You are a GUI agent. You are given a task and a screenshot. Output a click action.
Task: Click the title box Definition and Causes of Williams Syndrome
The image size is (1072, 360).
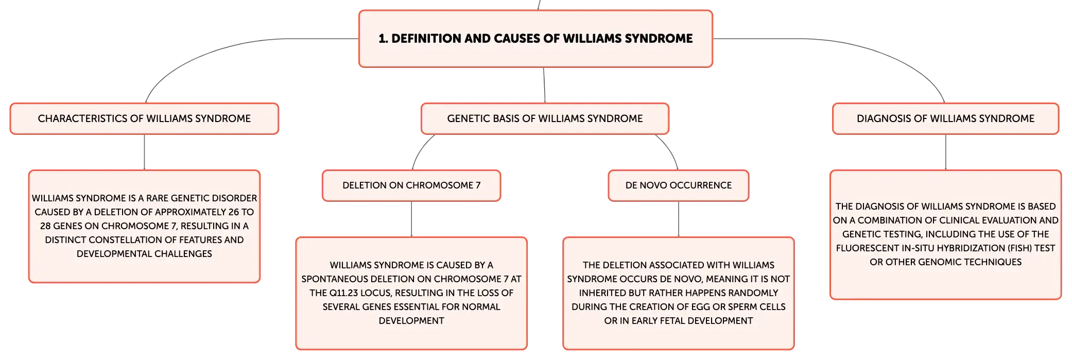(x=535, y=39)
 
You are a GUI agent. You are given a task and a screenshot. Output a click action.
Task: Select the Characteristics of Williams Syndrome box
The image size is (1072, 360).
(x=144, y=118)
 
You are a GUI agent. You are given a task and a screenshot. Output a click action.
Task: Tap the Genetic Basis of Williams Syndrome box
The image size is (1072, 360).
(x=545, y=118)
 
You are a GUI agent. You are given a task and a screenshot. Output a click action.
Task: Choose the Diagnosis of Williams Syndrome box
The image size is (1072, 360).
(x=945, y=118)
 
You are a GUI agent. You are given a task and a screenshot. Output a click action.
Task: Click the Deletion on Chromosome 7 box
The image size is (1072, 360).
(x=411, y=185)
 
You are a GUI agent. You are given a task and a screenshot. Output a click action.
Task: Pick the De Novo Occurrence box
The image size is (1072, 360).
(x=679, y=185)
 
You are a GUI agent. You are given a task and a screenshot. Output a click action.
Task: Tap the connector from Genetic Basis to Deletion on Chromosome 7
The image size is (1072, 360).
(x=420, y=149)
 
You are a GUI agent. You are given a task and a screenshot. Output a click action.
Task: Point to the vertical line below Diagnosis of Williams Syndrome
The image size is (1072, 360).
(x=946, y=152)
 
